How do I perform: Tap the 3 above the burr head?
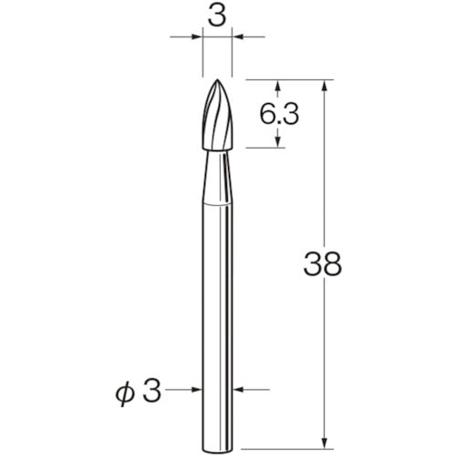pyautogui.click(x=216, y=16)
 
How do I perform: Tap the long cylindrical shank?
pyautogui.click(x=216, y=301)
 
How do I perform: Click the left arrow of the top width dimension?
pyautogui.click(x=196, y=38)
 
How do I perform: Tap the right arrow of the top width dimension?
pyautogui.click(x=236, y=38)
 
